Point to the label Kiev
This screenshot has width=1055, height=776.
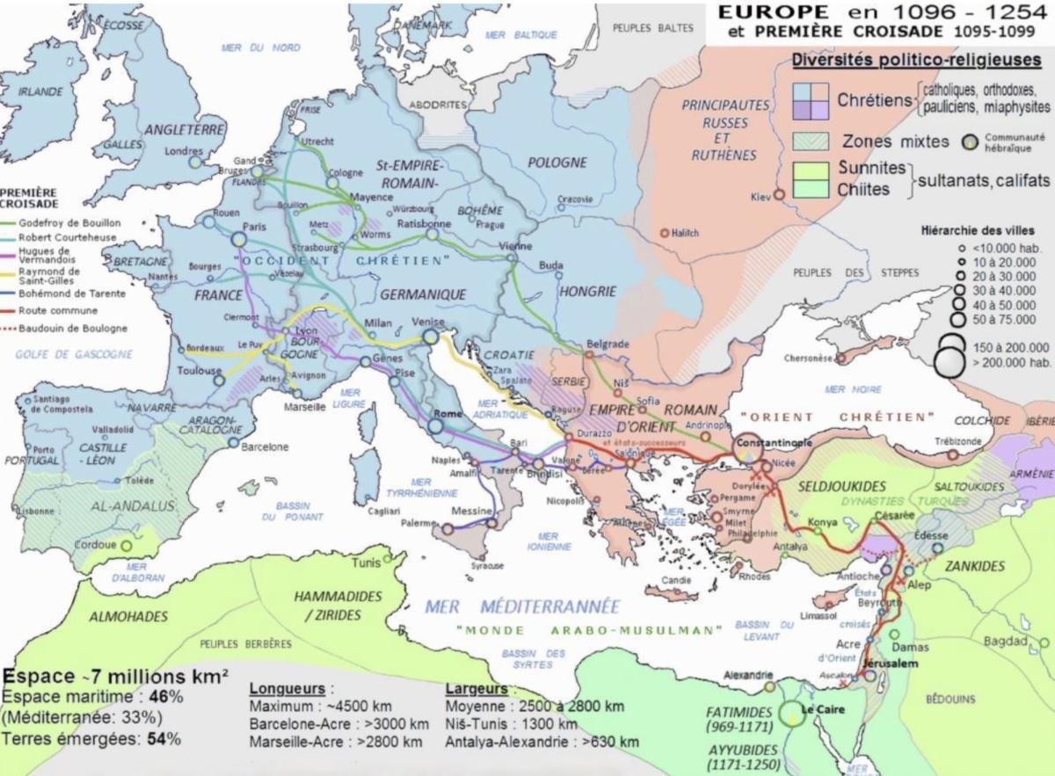pyautogui.click(x=760, y=196)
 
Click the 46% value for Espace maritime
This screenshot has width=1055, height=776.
pyautogui.click(x=165, y=697)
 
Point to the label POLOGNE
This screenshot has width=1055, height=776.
pyautogui.click(x=557, y=163)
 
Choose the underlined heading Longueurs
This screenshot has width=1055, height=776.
pyautogui.click(x=286, y=688)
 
